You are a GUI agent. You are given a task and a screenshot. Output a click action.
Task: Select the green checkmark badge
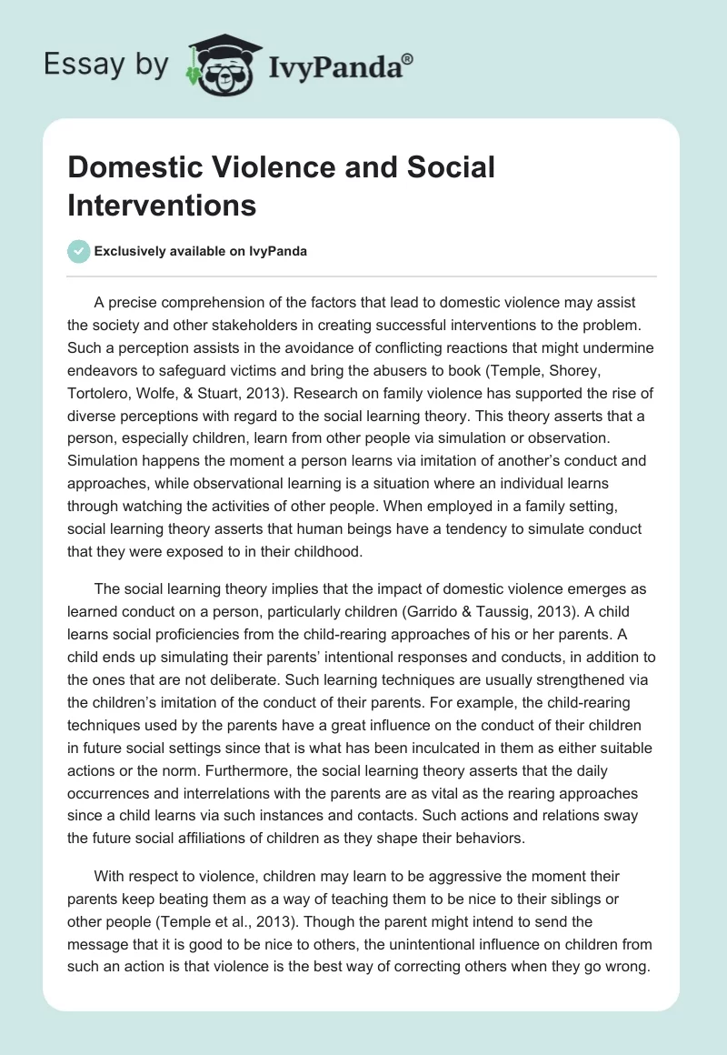pyautogui.click(x=79, y=251)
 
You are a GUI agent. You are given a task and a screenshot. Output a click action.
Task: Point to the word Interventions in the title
pyautogui.click(x=162, y=205)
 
